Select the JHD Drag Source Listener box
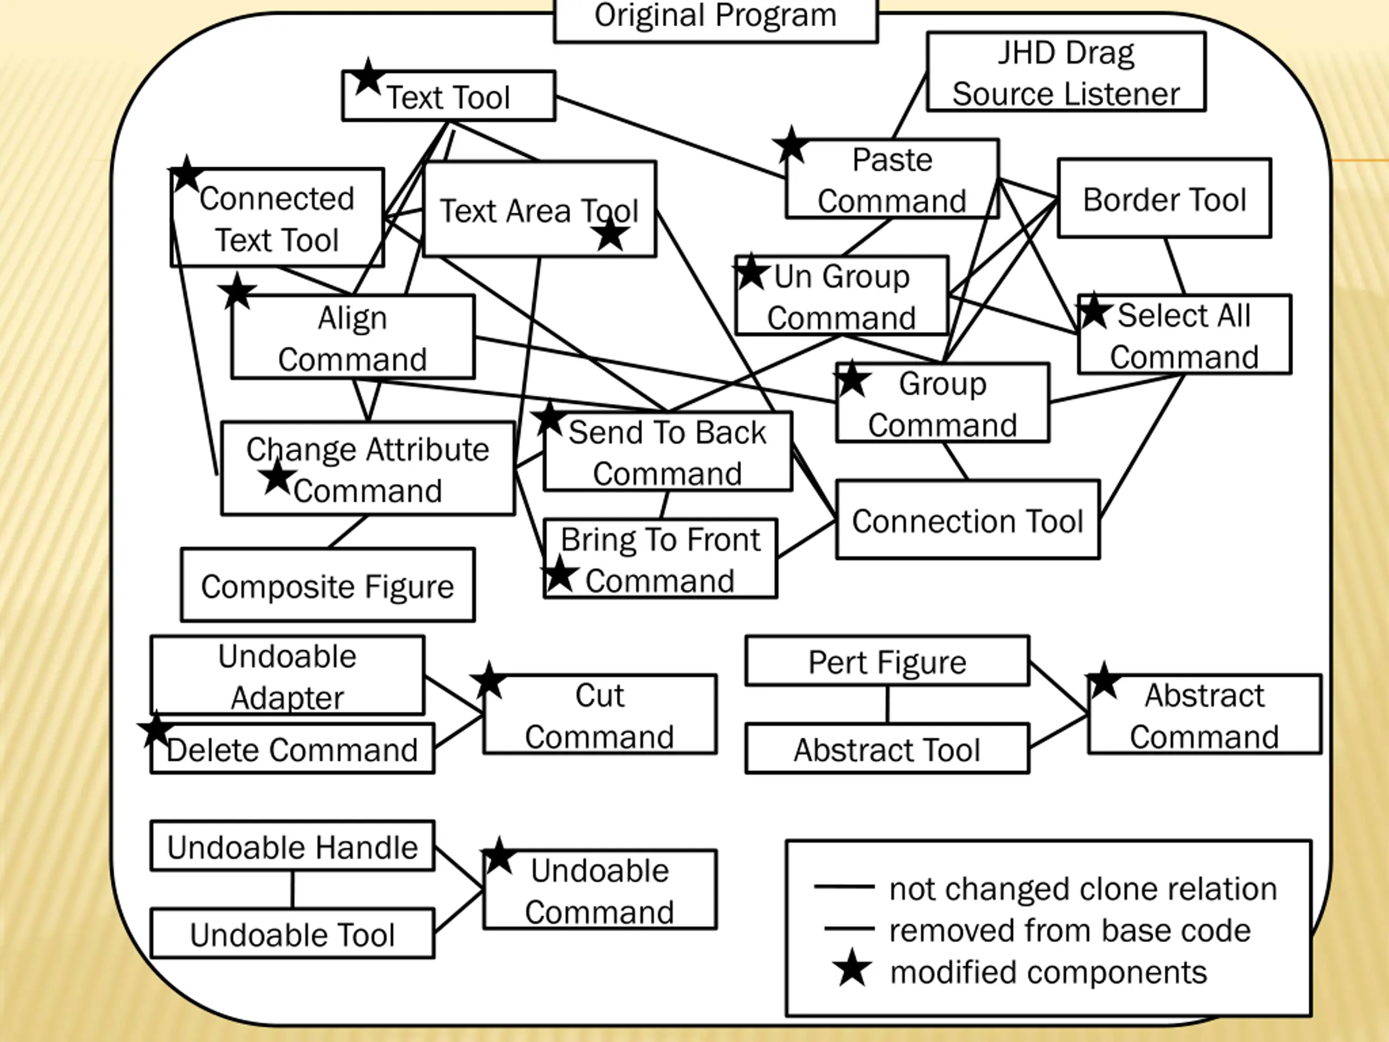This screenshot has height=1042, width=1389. [x=1066, y=72]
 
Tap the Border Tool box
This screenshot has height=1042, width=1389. [x=1165, y=198]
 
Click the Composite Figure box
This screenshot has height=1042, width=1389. [x=328, y=584]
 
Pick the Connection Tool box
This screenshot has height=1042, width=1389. [x=967, y=519]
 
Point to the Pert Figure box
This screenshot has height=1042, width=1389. [x=887, y=661]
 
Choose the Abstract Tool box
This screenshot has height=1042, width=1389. [x=887, y=748]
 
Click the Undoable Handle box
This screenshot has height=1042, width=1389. [x=292, y=846]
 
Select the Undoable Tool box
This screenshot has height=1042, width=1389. [x=292, y=933]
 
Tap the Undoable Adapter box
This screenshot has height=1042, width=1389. [x=288, y=675]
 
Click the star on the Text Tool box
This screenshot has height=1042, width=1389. [x=367, y=77]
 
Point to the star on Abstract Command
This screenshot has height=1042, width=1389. [x=1104, y=680]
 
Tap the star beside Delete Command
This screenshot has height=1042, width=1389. [x=156, y=730]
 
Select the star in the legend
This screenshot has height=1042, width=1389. [x=852, y=968]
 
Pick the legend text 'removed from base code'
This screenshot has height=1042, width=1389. [x=1070, y=930]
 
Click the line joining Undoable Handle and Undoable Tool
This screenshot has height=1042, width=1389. [x=292, y=889]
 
